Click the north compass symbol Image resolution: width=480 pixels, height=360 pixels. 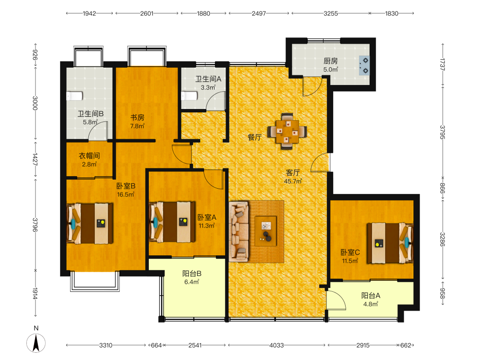pos(36,343)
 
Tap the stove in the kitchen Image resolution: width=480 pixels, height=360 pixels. pos(364,65)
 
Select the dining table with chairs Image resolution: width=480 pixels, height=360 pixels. pos(287,132)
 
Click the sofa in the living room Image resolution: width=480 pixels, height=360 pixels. pos(239,231)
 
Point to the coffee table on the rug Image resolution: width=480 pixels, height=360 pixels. pos(266,231)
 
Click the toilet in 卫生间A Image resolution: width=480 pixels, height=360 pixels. pos(189,96)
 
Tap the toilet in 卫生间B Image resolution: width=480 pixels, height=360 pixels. pos(74,96)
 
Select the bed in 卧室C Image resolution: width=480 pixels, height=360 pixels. pos(390,243)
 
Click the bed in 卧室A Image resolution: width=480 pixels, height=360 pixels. pos(172,222)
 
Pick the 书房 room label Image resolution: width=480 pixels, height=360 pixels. pos(137,118)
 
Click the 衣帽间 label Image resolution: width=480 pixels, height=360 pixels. pos(89,156)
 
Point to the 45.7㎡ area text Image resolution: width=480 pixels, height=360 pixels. pos(293,181)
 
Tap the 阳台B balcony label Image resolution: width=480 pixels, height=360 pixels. pos(192,274)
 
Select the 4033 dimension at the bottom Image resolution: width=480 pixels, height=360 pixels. pos(276,345)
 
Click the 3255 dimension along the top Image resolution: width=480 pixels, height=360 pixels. pos(331,13)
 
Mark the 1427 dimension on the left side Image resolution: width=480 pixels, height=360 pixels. pos(35,159)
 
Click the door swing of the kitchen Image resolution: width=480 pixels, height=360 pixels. pos(312,86)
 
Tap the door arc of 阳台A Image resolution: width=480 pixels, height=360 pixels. pos(336,300)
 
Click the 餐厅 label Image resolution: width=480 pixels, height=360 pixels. pos(255,137)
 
